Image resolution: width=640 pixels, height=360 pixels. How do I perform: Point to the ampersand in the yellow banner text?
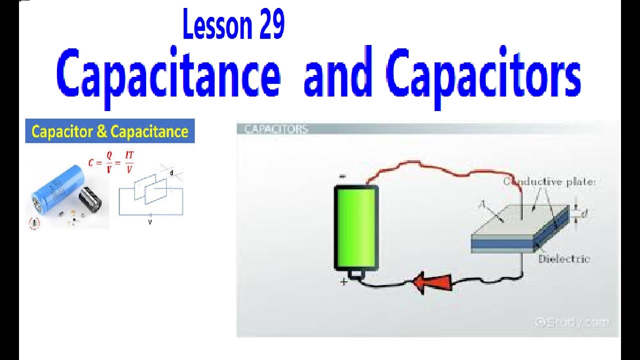tap(102, 131)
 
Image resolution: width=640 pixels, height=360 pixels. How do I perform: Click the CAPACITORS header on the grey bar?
tap(276, 129)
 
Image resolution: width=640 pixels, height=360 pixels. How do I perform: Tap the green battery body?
tap(356, 227)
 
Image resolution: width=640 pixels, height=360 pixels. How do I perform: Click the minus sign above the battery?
tap(342, 176)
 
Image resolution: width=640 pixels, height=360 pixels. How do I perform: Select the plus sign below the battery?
tap(343, 282)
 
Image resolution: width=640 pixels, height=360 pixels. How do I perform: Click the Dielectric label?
tap(564, 259)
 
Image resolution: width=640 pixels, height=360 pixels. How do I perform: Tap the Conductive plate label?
tap(549, 182)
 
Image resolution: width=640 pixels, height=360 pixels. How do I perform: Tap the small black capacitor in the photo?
tap(90, 198)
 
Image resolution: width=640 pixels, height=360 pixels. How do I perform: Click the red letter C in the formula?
tap(91, 162)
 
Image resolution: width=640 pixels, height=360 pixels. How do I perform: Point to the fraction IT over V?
tap(129, 162)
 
